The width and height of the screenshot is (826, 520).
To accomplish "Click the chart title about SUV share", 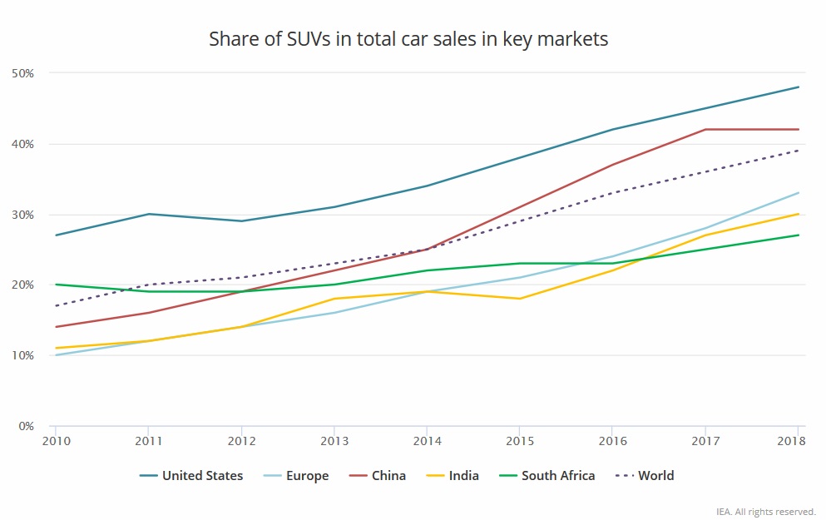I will pos(408,39).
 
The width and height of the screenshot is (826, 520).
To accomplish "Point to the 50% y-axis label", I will pos(22,73).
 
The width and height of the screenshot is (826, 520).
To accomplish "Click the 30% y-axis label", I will pos(22,215).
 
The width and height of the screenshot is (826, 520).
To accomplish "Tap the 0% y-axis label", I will pos(25,426).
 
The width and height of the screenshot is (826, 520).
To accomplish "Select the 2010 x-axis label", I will pos(55,441).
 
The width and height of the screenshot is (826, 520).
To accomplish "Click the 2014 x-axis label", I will pos(427,441).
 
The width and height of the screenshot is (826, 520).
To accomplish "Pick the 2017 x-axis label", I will pos(705,441).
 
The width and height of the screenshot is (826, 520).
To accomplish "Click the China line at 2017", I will pos(705,130).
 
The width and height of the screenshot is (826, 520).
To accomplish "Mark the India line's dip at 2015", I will pos(520,299).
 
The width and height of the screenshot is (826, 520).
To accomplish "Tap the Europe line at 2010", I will pos(55,355).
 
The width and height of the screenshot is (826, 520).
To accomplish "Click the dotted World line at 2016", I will pos(613,193).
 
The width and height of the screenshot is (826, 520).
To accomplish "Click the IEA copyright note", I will pos(765,512).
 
